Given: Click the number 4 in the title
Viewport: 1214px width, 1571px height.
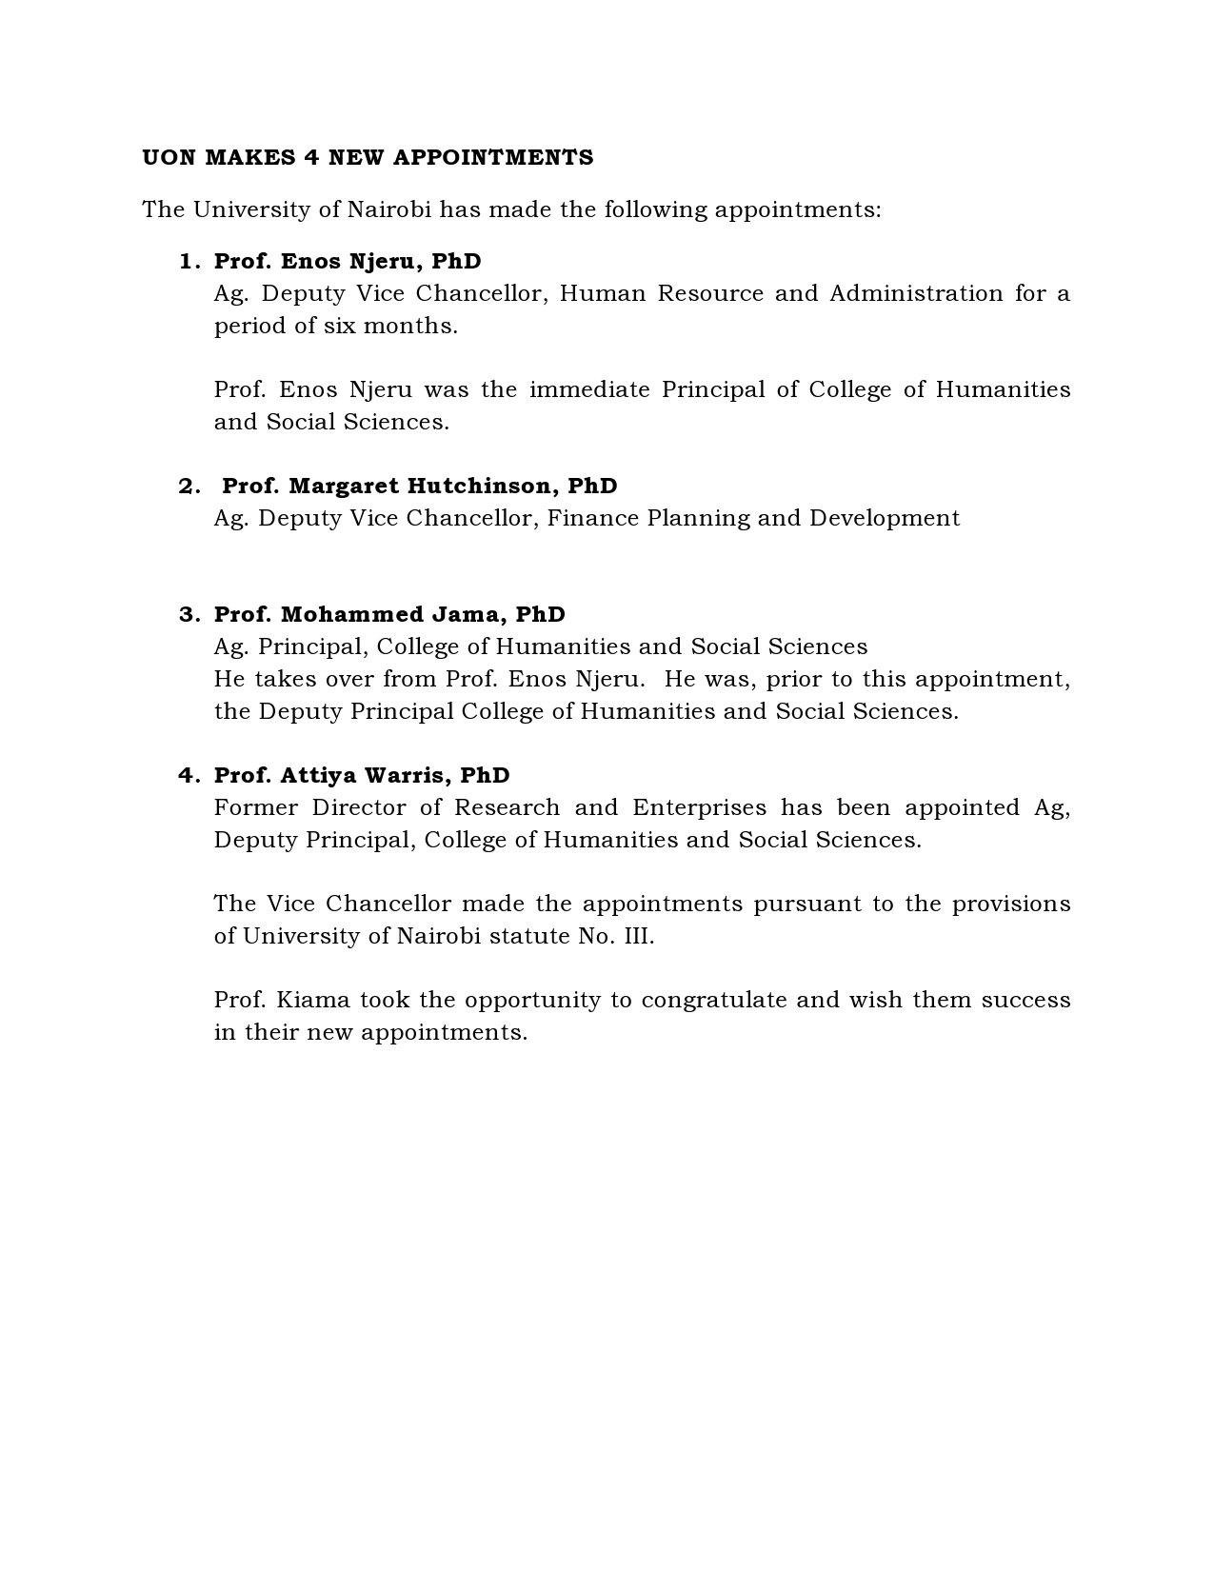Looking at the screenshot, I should tap(311, 158).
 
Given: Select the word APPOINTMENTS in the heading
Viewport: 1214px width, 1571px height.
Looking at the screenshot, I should tap(493, 158).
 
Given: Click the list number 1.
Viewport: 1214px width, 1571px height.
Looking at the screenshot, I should tap(188, 262).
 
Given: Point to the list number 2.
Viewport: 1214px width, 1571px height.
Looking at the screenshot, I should tap(188, 487).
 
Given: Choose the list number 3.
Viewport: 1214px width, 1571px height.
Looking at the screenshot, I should tap(188, 615).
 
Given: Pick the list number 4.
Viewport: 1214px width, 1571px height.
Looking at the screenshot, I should tap(188, 776).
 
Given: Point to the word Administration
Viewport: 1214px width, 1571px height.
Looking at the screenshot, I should tap(916, 294).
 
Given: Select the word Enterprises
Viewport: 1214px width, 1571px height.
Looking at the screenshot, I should tap(699, 808).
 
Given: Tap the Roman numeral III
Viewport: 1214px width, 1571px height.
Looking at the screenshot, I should tap(639, 937).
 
